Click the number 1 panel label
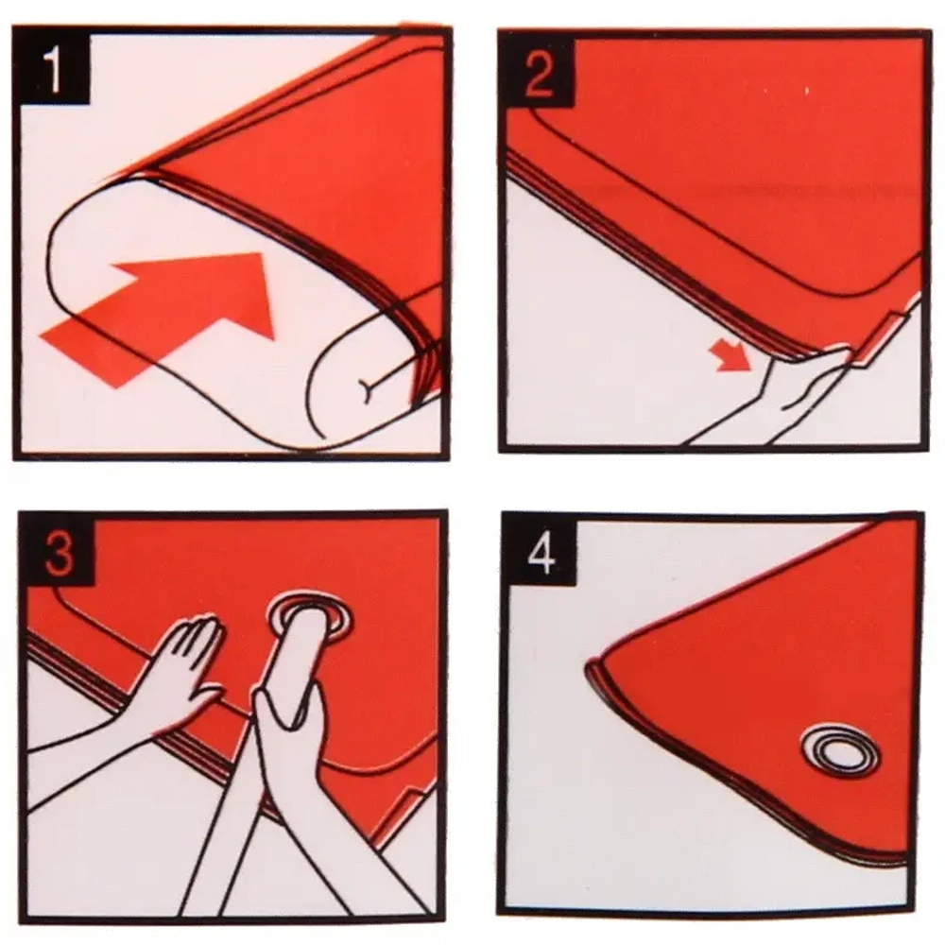[x=53, y=70]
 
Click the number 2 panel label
[x=539, y=74]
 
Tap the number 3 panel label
[x=59, y=553]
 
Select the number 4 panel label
[x=541, y=552]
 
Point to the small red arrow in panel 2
[x=730, y=354]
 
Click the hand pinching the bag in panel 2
[x=796, y=392]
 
